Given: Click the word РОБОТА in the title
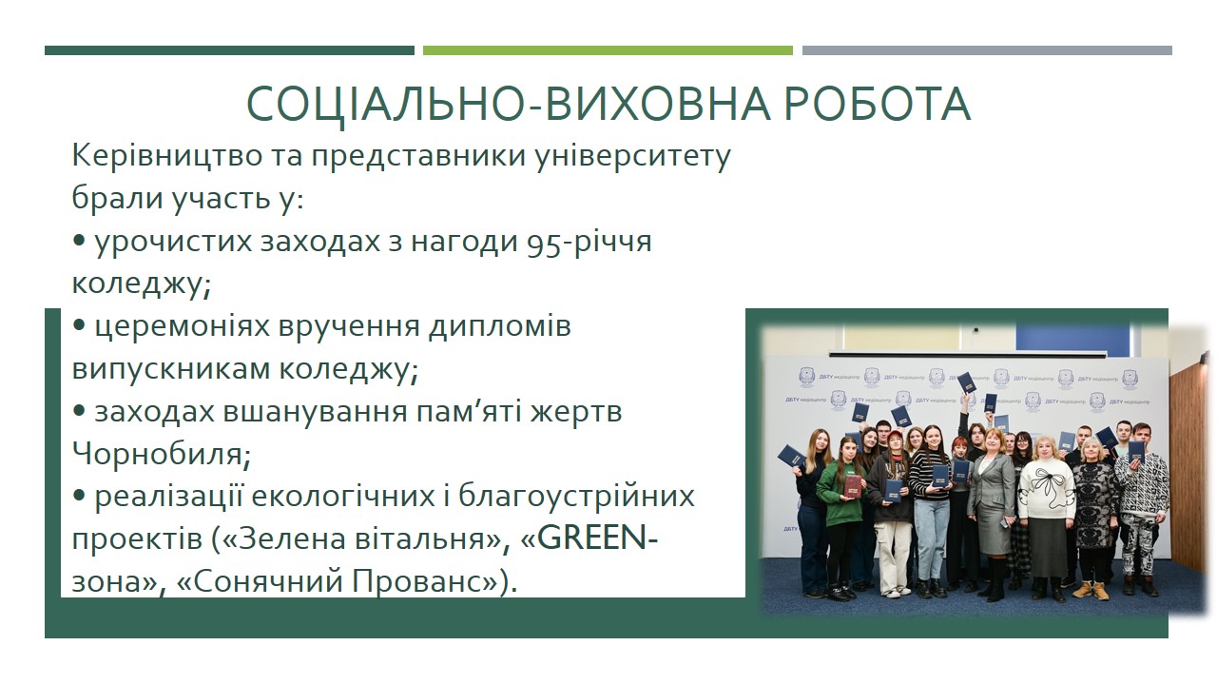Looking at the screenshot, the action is (877, 104).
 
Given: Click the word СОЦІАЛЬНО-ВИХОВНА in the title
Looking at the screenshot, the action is (508, 105).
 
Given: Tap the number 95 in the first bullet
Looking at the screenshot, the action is (544, 243).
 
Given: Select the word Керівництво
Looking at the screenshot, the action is (166, 156).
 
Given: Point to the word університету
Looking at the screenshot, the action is (633, 158).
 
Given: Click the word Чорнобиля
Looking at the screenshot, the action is (162, 454).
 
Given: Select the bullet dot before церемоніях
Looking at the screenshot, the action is (79, 325).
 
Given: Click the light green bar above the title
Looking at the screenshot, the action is (608, 50).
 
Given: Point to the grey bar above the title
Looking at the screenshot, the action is (987, 50).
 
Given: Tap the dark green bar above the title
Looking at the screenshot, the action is (229, 50).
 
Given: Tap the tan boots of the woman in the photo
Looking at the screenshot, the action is (1092, 591).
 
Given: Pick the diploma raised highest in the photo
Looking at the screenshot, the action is (967, 382).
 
